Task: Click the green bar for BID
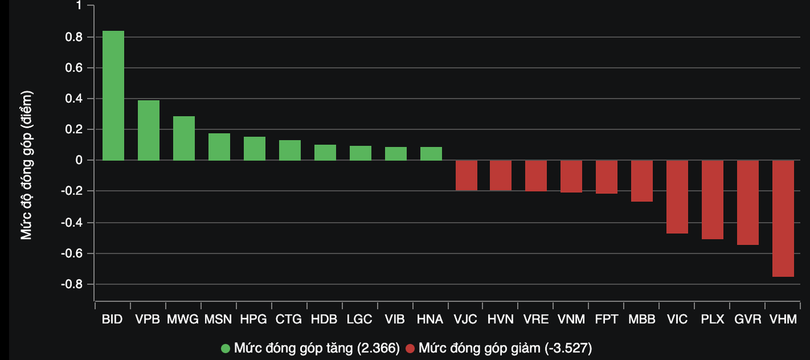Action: [113, 96]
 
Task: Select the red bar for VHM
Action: [783, 218]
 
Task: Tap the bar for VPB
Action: [149, 130]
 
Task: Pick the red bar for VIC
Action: [677, 197]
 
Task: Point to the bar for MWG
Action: [184, 139]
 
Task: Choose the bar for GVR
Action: [748, 202]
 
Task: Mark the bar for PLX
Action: [712, 200]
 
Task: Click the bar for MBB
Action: [642, 181]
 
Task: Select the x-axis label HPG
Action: [253, 320]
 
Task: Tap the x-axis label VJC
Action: [465, 320]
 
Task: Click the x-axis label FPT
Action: [607, 320]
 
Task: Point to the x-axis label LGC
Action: [359, 320]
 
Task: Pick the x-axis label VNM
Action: [571, 320]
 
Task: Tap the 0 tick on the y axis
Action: [81, 160]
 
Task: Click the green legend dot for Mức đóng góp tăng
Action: [226, 349]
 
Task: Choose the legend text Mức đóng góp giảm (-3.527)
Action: [505, 349]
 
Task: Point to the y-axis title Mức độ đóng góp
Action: [26, 165]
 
